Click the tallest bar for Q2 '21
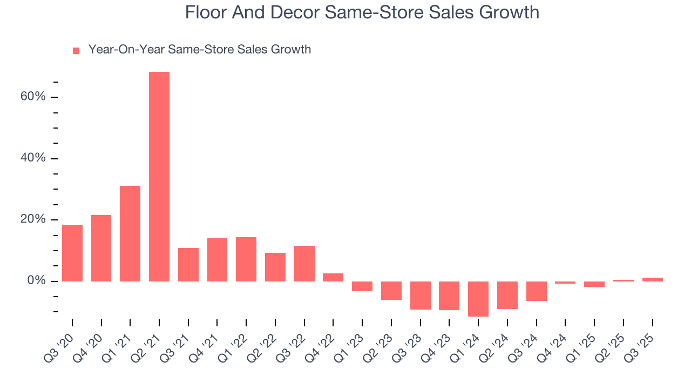[159, 177]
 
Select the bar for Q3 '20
[72, 253]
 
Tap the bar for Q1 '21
[130, 233]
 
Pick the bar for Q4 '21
[217, 260]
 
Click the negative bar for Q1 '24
[478, 299]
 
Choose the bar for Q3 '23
[420, 296]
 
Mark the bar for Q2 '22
[275, 267]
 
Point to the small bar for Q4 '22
[333, 277]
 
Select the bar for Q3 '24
[537, 291]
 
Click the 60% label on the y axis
[33, 97]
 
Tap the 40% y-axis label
[33, 158]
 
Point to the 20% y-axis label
[33, 220]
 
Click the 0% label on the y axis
[36, 281]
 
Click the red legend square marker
[76, 50]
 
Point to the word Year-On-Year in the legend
[126, 50]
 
